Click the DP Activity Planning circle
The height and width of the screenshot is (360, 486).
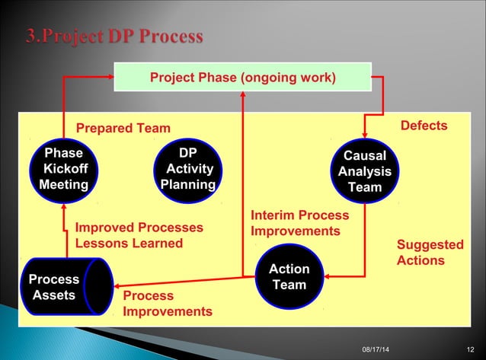(187, 169)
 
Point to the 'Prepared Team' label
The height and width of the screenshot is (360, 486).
(123, 128)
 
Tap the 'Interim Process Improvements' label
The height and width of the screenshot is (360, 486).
(299, 223)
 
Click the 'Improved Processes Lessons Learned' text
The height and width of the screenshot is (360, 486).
(139, 235)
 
